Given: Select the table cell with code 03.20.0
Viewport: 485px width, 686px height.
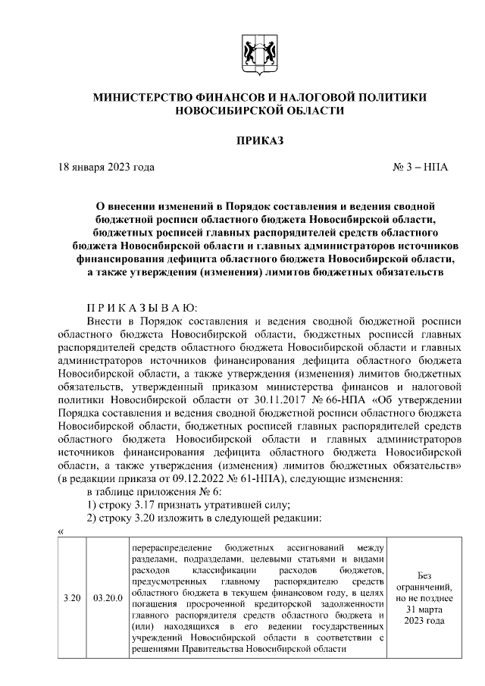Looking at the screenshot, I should click(x=108, y=598).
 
